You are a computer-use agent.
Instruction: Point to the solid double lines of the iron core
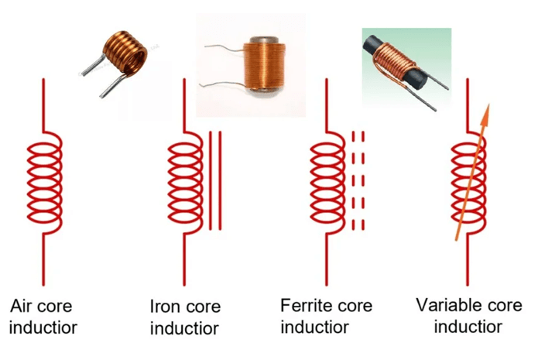(x=214, y=180)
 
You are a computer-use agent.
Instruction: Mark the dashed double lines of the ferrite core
(x=357, y=179)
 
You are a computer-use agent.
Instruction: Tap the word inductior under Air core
(x=44, y=326)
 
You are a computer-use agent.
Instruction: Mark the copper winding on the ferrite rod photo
(x=394, y=57)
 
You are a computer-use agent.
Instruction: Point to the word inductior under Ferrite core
(x=315, y=326)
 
